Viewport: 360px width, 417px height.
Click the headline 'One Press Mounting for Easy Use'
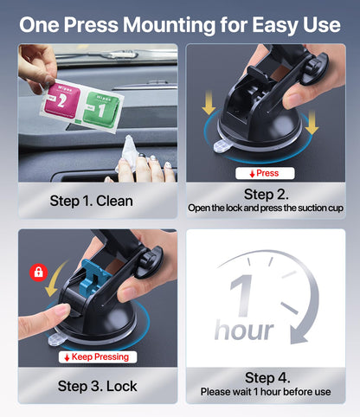point(180,24)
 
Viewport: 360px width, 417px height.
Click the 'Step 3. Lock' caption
point(91,385)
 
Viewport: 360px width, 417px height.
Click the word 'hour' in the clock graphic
point(244,330)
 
